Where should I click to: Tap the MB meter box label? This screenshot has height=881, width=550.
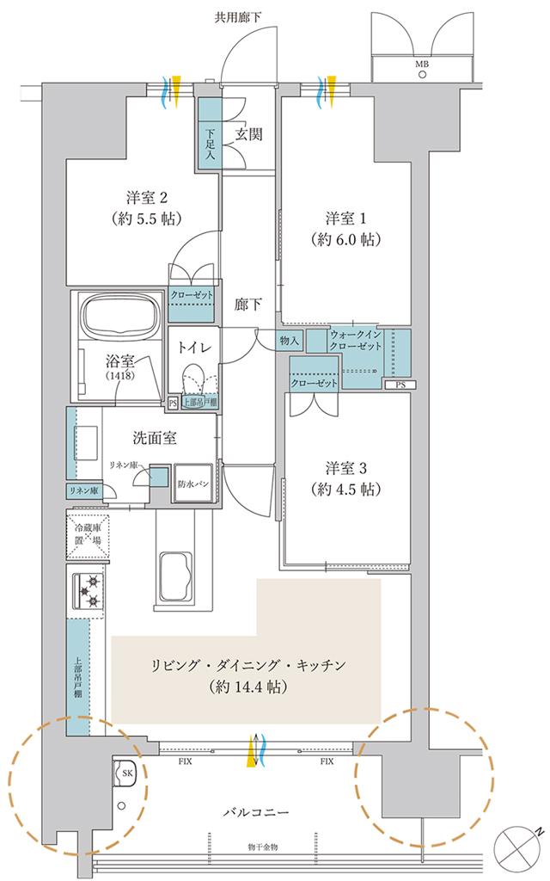[x=422, y=64]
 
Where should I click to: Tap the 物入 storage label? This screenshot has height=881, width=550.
[x=290, y=342]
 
